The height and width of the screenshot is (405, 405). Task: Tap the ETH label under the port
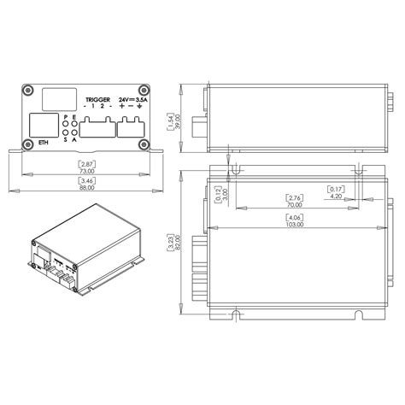44,143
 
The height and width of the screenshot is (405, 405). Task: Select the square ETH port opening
43,126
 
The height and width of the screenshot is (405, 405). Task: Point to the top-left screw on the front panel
29,91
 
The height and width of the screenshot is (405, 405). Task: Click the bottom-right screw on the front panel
146,143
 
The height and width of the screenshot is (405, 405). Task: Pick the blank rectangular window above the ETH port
56,98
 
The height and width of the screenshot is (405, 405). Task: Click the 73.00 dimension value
87,169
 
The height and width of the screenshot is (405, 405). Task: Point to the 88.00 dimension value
87,187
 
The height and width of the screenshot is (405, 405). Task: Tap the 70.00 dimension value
296,205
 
